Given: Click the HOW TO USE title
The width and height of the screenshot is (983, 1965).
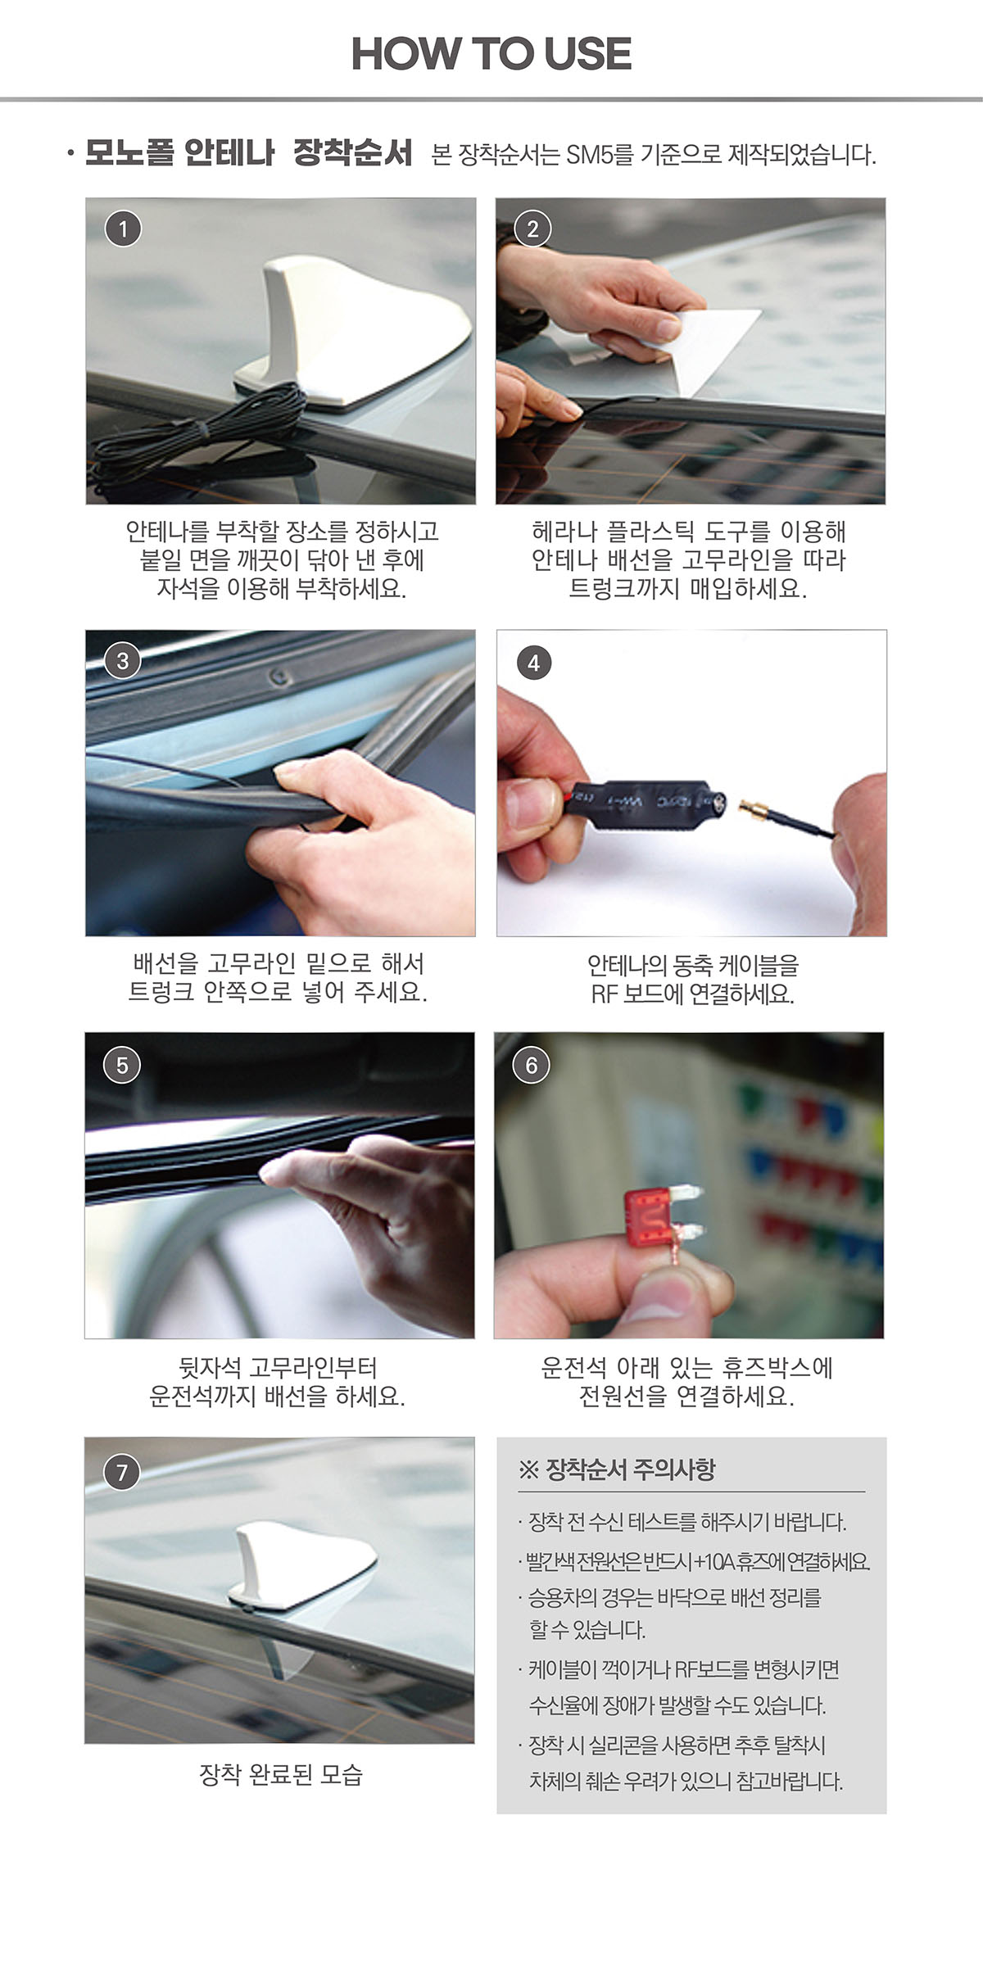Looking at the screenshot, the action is coord(491,54).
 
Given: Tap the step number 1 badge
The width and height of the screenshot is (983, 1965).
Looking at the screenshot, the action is coord(123,229).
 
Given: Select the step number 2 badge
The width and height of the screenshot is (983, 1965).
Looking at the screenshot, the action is coord(532,229).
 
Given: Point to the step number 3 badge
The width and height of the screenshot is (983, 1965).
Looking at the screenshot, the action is coord(123,661).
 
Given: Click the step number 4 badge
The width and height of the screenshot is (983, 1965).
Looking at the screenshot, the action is coord(533,663).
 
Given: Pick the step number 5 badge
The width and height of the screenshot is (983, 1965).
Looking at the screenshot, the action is coord(122,1065).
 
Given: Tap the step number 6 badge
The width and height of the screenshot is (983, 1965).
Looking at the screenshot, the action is coord(531,1065).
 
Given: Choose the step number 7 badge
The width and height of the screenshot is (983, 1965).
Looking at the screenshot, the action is coord(122,1473).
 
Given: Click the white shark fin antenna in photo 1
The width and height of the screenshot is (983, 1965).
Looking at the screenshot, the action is coord(352,336).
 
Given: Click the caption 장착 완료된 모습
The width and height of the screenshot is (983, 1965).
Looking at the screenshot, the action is coord(281,1774).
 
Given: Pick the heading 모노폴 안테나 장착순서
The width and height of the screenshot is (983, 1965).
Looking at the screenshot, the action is coord(248,153).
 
